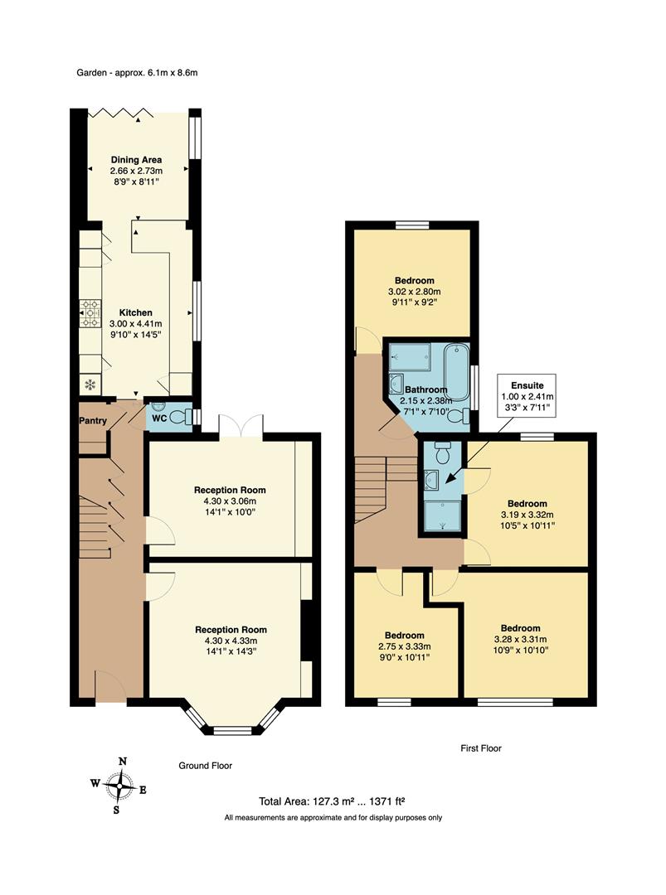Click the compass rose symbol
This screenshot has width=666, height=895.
click(x=121, y=784)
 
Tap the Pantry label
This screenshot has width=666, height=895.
click(x=93, y=421)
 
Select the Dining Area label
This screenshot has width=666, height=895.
click(x=137, y=170)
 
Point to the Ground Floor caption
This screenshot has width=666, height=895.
click(x=206, y=767)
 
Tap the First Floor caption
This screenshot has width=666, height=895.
click(x=481, y=748)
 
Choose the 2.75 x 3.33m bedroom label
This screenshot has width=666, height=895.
click(x=405, y=646)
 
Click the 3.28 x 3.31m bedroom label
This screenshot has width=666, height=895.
click(x=520, y=639)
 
